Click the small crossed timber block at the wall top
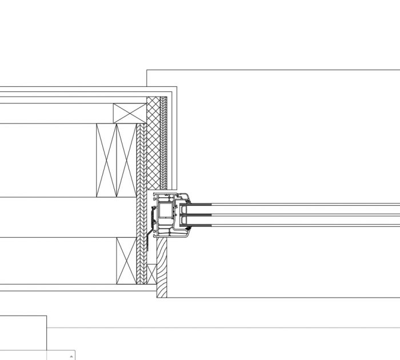point(130,113)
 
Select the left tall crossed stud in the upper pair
point(106,160)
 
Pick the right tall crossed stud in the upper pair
point(126,160)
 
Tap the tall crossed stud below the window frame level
point(126,261)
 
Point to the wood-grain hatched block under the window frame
point(162,269)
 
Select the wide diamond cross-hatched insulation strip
point(153,143)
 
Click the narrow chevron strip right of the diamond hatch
point(164,143)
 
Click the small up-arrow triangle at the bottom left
point(71,357)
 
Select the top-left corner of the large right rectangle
point(147,70)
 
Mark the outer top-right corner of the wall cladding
point(177,87)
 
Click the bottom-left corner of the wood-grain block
point(157,298)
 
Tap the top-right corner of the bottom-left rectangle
point(47,315)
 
